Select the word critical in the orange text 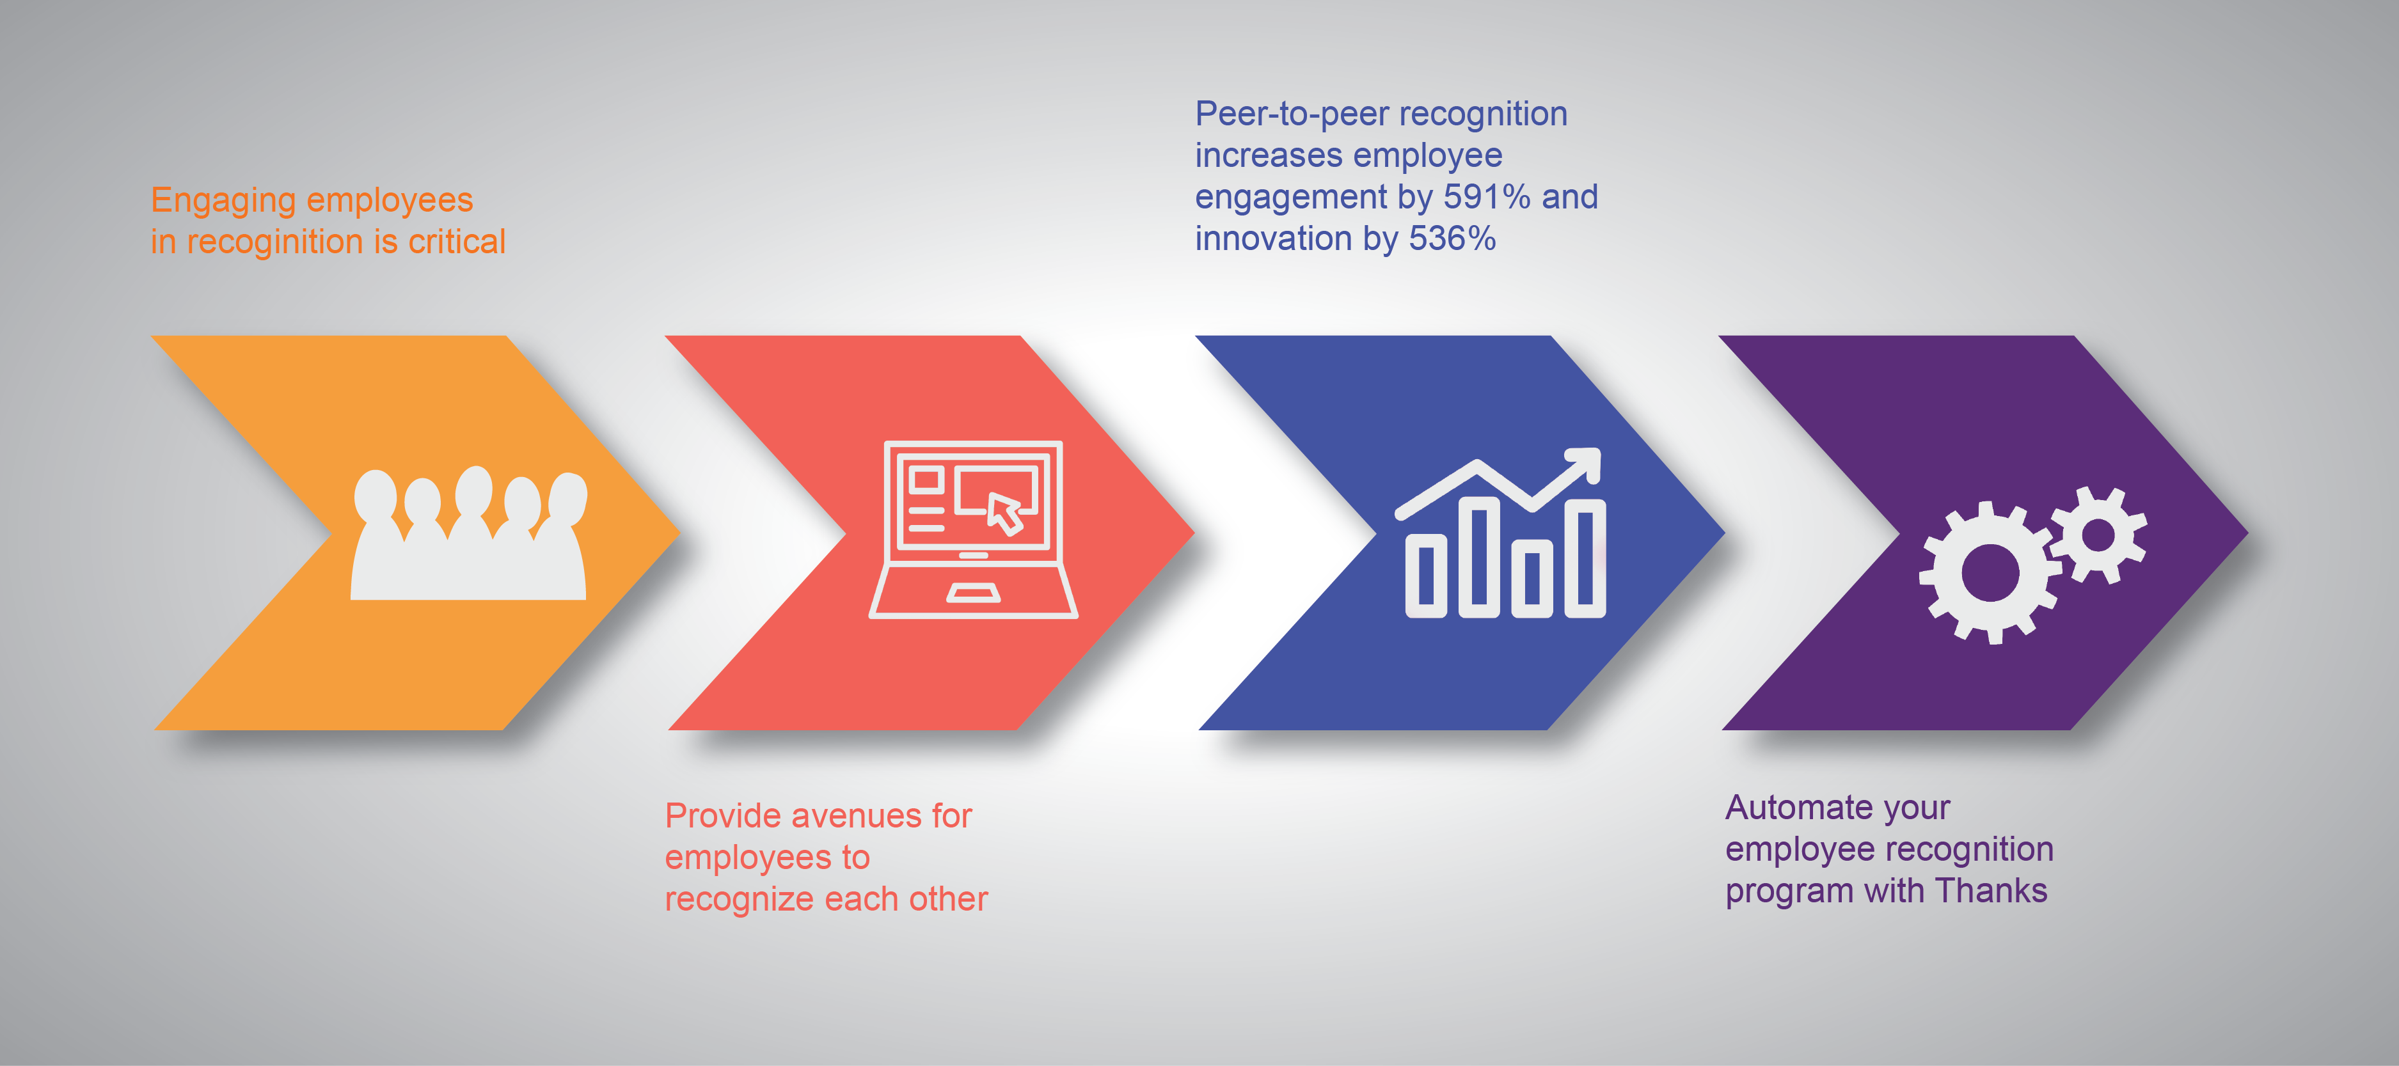pos(457,241)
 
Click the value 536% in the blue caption pos(1452,239)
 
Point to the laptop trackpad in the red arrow pos(973,593)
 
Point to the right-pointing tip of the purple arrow pos(2247,533)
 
